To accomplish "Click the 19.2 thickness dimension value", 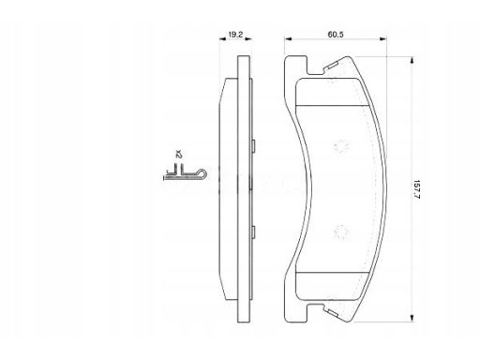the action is coord(235,35).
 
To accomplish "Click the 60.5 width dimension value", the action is coord(336,35).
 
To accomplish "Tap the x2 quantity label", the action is coord(178,154).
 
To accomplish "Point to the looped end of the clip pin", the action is coord(202,173).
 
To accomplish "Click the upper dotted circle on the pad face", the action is coord(341,146).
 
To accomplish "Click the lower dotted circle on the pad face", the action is coord(341,232).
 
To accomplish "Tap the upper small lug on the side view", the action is coord(253,146).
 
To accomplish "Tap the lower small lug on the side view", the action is coord(253,232).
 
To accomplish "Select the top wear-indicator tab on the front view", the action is coord(332,66).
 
